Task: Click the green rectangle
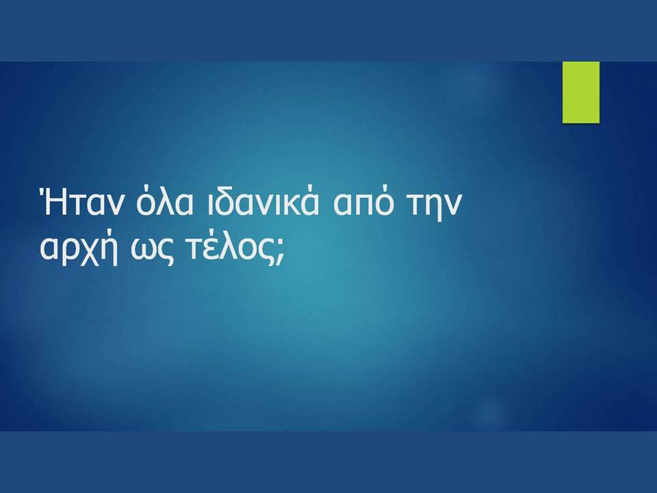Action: [581, 92]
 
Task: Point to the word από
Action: [363, 202]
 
